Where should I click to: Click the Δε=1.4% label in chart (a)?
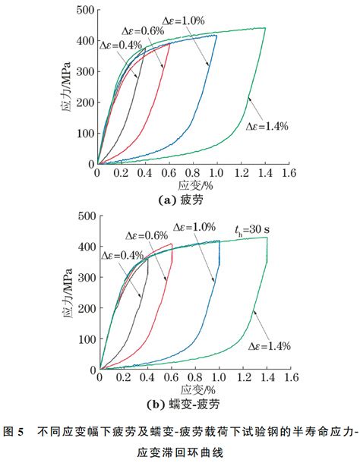[x=267, y=127]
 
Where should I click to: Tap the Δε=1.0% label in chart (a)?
[x=183, y=20]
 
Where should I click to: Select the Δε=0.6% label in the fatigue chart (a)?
[x=143, y=31]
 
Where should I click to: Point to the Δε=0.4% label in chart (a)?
[x=121, y=45]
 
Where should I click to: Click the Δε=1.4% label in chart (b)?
[x=270, y=346]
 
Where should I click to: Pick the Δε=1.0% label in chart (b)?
[x=194, y=227]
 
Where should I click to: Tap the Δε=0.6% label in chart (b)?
[x=147, y=235]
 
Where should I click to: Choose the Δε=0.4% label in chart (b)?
[x=122, y=256]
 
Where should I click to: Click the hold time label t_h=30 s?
[x=252, y=230]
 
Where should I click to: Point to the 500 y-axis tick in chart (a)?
[x=85, y=10]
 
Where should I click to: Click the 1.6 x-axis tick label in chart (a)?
[x=289, y=173]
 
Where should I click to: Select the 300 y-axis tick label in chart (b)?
[x=87, y=277]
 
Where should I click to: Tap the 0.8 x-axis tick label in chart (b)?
[x=195, y=377]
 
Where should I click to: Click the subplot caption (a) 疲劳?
[x=181, y=200]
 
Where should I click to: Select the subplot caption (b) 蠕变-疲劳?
[x=183, y=405]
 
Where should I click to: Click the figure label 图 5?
[x=14, y=432]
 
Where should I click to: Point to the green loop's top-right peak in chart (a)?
[x=265, y=28]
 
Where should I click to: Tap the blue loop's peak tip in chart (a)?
[x=216, y=36]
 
